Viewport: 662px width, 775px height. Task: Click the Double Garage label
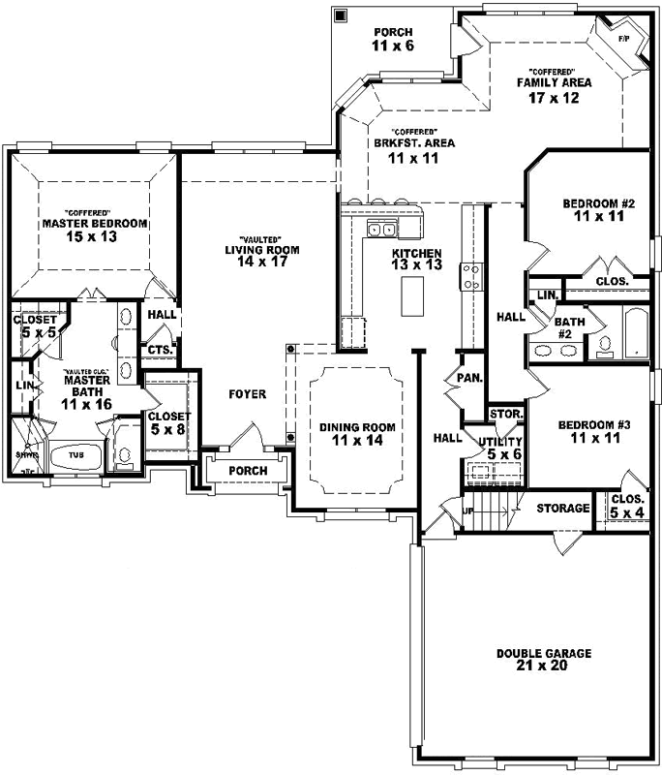(x=543, y=660)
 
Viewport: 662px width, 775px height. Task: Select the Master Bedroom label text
(x=94, y=229)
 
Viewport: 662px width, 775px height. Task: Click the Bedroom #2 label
(x=598, y=210)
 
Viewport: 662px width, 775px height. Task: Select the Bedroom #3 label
(x=595, y=431)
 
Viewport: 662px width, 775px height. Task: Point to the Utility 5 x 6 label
(x=498, y=448)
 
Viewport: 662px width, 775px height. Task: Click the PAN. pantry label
(x=470, y=378)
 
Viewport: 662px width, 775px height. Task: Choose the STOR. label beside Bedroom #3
(x=506, y=415)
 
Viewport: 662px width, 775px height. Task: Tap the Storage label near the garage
(x=562, y=508)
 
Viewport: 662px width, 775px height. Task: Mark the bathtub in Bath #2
(x=634, y=333)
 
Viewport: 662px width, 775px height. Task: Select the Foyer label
(x=247, y=394)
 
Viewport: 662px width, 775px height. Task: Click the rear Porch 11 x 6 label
(x=393, y=40)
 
